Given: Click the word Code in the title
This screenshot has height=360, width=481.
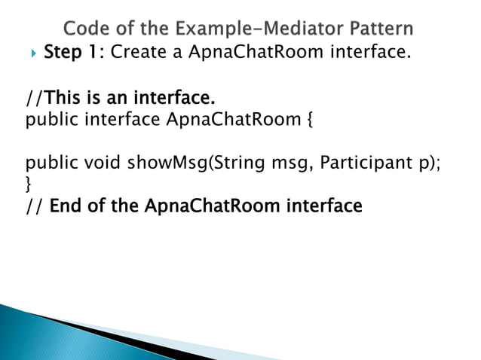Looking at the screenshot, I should click(x=84, y=30).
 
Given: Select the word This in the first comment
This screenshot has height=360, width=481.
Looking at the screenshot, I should click(x=65, y=98).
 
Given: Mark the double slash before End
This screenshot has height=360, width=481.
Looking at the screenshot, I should click(x=34, y=205).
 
